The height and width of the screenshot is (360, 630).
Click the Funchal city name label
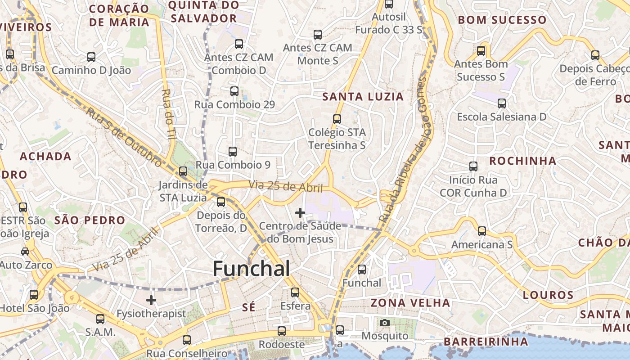click(251, 269)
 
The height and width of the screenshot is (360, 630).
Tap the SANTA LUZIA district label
click(363, 97)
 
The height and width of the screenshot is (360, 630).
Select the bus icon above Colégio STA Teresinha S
click(337, 119)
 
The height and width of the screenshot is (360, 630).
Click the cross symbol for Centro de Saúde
click(300, 213)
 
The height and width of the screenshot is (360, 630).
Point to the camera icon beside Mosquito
click(385, 323)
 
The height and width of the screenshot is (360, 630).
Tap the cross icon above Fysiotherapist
click(151, 300)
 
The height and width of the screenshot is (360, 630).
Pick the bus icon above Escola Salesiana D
click(502, 103)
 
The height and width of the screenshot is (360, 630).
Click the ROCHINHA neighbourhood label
click(522, 161)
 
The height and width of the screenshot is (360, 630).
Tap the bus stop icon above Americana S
click(482, 231)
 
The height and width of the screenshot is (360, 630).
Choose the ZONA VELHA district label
click(410, 303)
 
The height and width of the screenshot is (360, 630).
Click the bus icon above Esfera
click(295, 292)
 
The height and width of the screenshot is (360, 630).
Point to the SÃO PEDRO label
click(90, 220)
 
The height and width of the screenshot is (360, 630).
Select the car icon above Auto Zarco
click(25, 252)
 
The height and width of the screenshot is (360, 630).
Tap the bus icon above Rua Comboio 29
click(234, 91)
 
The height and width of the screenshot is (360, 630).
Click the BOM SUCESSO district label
click(502, 20)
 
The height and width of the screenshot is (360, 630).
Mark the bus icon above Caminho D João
click(91, 57)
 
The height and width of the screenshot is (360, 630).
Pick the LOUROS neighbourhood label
click(548, 295)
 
